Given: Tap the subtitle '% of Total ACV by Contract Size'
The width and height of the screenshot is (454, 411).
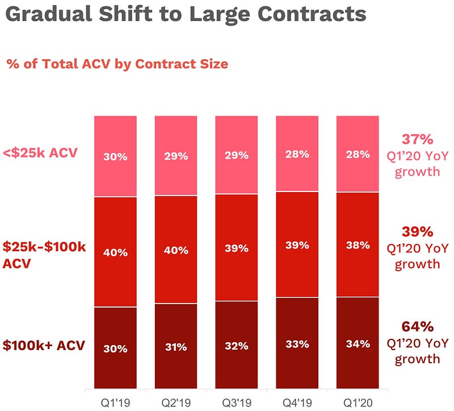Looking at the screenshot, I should pyautogui.click(x=117, y=64).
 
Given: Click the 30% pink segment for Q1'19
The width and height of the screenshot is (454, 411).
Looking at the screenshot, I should pyautogui.click(x=115, y=156).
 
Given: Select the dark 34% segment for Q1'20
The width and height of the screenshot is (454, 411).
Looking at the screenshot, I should pyautogui.click(x=358, y=343).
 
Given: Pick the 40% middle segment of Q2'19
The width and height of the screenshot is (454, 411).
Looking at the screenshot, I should pyautogui.click(x=176, y=250).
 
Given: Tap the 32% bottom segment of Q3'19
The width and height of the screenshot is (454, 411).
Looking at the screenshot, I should pyautogui.click(x=236, y=346).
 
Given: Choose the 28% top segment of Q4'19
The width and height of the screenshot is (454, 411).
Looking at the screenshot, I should pyautogui.click(x=297, y=153).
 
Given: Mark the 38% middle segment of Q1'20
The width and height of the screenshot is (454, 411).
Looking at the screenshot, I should pyautogui.click(x=358, y=245).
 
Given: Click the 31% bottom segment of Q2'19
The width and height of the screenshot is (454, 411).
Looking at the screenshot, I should pyautogui.click(x=176, y=347).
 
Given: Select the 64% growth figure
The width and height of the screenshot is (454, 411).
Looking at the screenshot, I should pyautogui.click(x=417, y=327).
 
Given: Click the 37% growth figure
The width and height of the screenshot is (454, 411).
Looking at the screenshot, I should pyautogui.click(x=417, y=139).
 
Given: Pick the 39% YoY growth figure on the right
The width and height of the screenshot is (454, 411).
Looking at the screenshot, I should pyautogui.click(x=417, y=232).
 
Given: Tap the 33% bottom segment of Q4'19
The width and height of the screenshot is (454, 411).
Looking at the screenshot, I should pyautogui.click(x=297, y=344).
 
